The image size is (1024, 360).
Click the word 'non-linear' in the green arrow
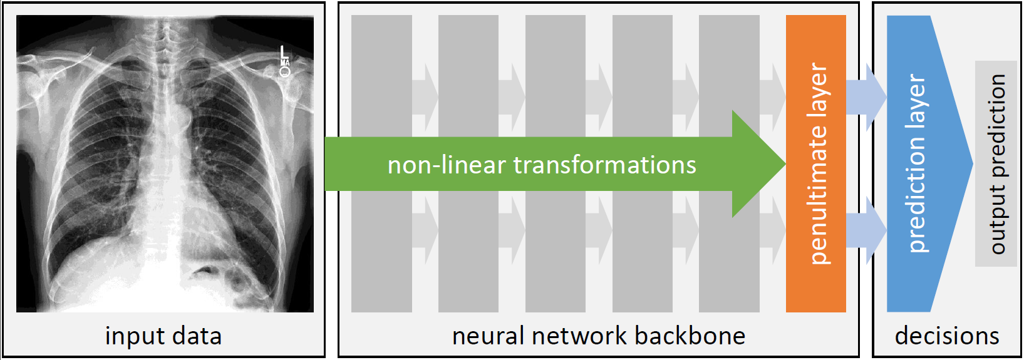(447, 165)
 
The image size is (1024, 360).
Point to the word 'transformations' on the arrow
(604, 165)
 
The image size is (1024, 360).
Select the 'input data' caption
(163, 336)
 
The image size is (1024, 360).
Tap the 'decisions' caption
(946, 336)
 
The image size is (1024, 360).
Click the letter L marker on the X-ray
(284, 53)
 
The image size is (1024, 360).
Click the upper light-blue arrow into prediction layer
(866, 97)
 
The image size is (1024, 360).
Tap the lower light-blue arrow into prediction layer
(866, 230)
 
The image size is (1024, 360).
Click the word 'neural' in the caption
(488, 336)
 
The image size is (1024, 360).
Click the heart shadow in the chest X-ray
(182, 207)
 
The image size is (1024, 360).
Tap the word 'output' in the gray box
(997, 219)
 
